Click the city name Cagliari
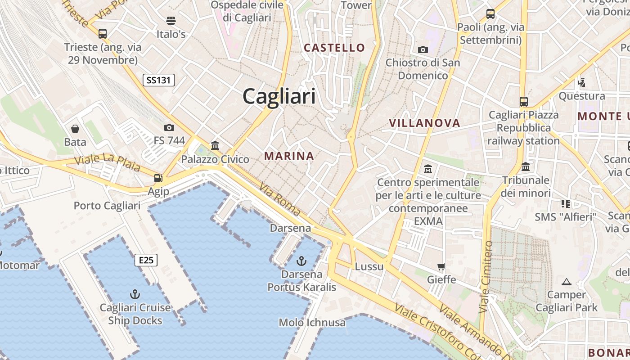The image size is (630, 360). pos(279,97)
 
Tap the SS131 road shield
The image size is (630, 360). pos(158,81)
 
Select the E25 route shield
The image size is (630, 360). pos(146,260)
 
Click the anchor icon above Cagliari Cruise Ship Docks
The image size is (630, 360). pos(135,295)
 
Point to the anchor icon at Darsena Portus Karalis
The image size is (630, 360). pos(301,261)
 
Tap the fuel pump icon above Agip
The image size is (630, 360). pos(158,178)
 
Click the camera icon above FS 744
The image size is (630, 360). pos(169,127)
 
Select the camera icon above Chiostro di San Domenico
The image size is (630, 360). pos(423,49)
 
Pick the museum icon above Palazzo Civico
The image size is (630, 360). pos(215,146)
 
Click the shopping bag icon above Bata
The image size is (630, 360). pos(75,129)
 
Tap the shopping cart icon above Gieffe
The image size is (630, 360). pos(441,266)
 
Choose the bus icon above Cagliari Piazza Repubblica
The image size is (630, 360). pos(523,102)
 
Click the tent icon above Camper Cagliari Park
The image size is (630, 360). pos(567,282)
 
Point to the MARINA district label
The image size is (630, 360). pos(289,156)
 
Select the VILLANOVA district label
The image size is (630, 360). pos(424,123)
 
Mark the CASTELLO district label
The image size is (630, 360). pos(334,48)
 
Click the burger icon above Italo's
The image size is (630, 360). pos(171,20)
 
